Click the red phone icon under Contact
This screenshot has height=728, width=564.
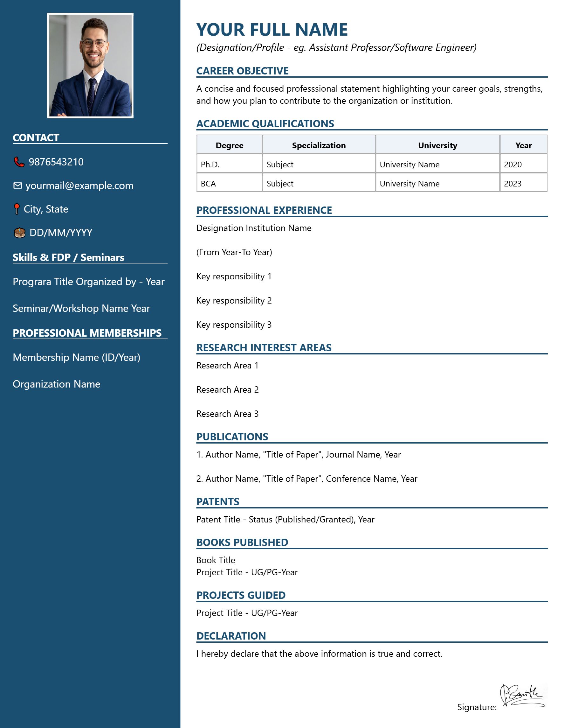19,162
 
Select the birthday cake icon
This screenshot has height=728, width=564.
20,233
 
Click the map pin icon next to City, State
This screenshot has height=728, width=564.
17,209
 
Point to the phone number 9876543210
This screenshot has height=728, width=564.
56,162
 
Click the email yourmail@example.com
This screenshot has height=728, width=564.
79,186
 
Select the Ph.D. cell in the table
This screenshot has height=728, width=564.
210,165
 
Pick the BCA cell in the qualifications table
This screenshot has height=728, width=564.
208,184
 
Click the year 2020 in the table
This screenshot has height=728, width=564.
513,165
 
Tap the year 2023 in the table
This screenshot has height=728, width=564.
513,184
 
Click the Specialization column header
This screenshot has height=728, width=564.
319,145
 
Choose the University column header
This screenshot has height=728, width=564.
437,145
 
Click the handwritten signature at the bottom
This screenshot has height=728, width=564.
522,696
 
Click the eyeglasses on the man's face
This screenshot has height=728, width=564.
94,43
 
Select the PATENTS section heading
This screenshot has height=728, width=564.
218,502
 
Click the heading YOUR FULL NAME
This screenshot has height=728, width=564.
272,30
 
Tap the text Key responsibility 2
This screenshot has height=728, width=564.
234,301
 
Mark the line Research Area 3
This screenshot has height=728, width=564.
227,414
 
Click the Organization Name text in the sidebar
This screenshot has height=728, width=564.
56,384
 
